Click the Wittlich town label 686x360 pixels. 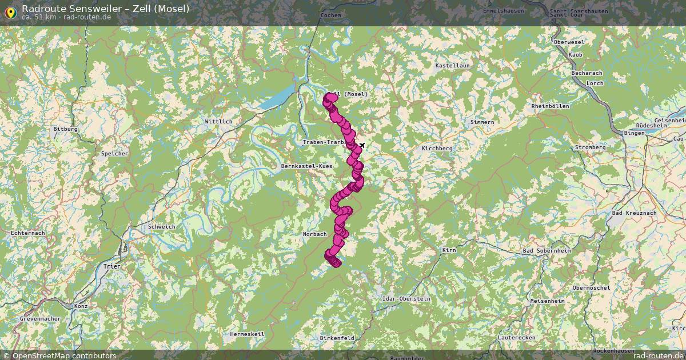tap(218, 122)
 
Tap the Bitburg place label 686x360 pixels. tap(65, 129)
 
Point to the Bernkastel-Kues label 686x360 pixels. tap(306, 166)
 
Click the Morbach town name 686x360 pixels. tap(315, 234)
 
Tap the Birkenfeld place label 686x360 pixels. tap(337, 338)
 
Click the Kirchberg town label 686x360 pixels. tap(437, 149)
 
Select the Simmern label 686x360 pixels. tap(482, 122)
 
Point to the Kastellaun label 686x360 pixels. tap(452, 66)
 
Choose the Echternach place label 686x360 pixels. tap(28, 233)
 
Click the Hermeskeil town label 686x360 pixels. tap(247, 334)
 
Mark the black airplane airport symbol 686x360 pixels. tap(362, 145)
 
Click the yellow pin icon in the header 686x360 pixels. tap(9, 11)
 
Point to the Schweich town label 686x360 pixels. tap(162, 227)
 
